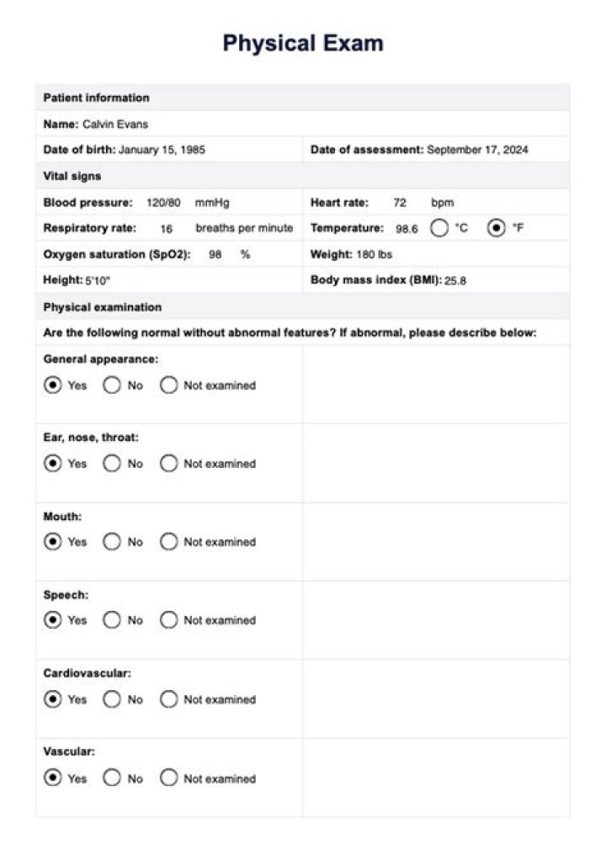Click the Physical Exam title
click(x=303, y=44)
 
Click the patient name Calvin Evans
click(x=115, y=125)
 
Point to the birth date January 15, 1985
click(x=162, y=150)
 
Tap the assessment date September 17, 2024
click(x=477, y=150)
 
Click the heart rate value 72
click(x=400, y=203)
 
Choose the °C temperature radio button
click(x=439, y=228)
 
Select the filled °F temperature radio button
click(x=497, y=228)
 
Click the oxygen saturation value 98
click(x=215, y=254)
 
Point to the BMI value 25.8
click(x=455, y=281)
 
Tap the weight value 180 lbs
click(x=374, y=254)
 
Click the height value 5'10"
click(x=98, y=281)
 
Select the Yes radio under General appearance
click(x=53, y=385)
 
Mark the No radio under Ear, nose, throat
click(x=112, y=464)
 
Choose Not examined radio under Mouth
click(x=169, y=542)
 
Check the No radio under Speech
click(x=112, y=620)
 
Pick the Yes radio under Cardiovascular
click(x=53, y=699)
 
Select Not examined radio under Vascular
click(x=169, y=778)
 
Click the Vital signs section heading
click(x=72, y=177)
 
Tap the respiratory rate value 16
click(x=167, y=228)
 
